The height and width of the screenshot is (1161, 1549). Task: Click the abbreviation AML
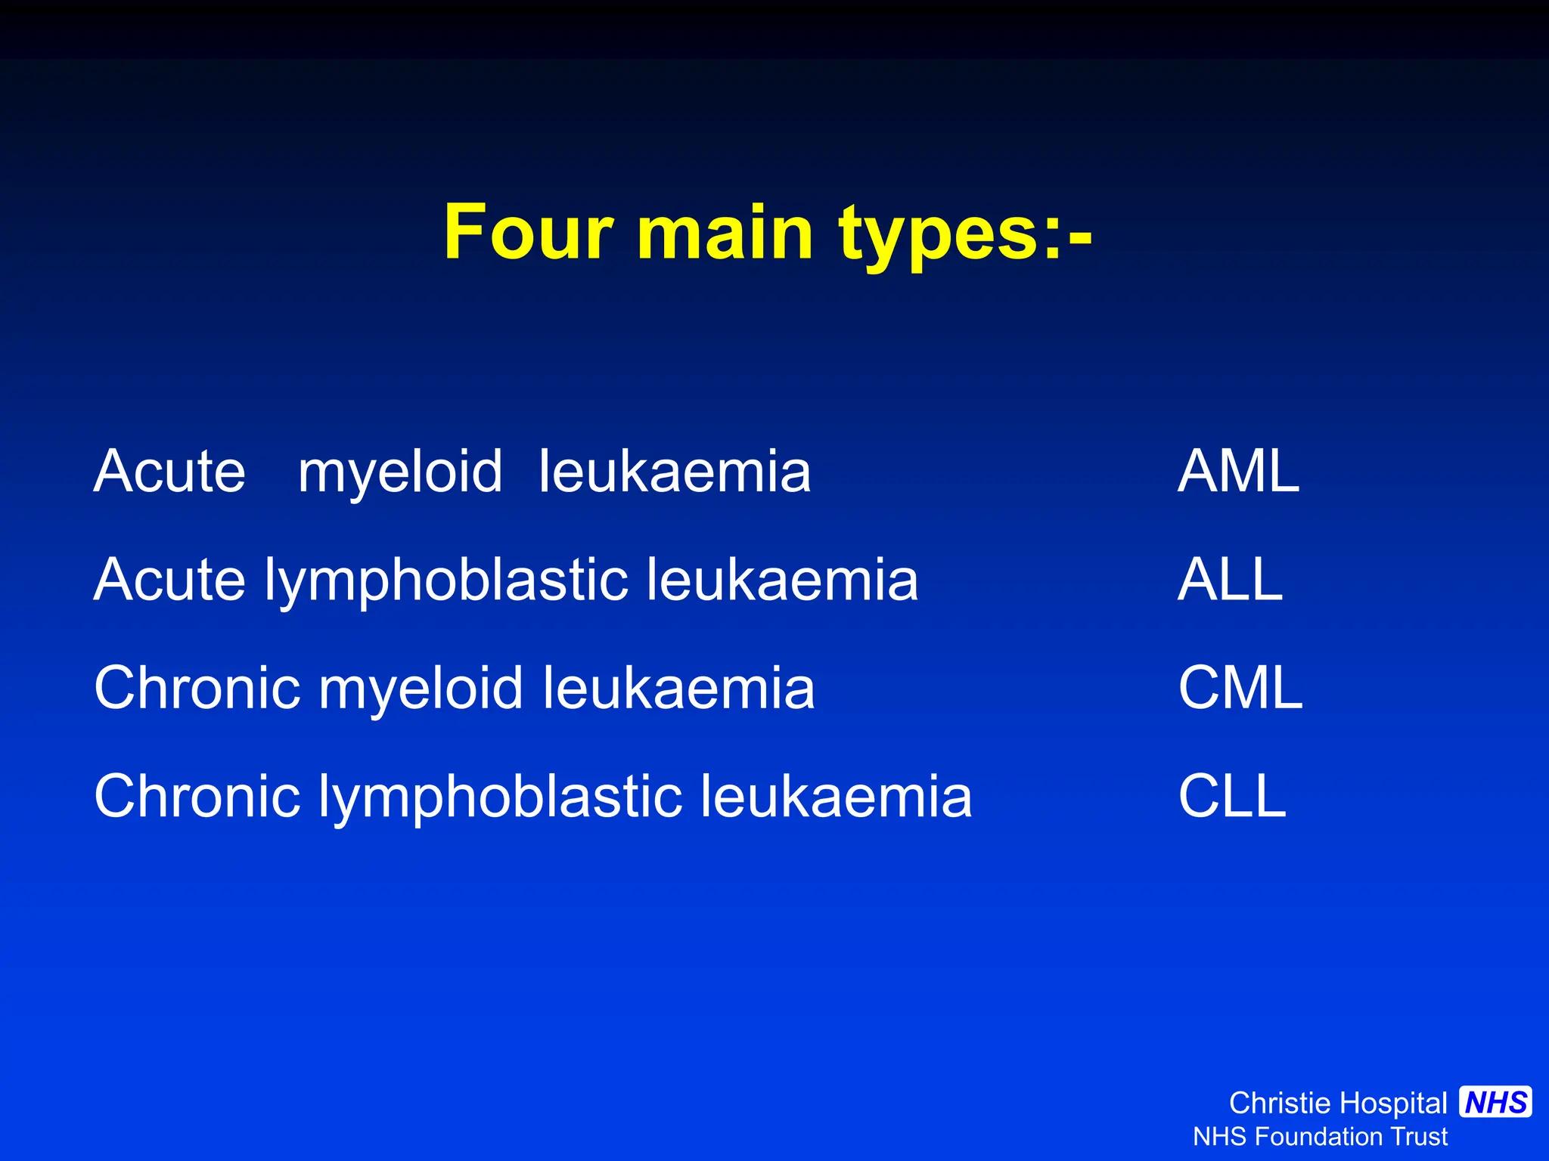(x=1238, y=472)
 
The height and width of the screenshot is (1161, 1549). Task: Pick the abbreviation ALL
(x=1230, y=580)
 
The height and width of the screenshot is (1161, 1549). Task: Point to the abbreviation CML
(x=1240, y=688)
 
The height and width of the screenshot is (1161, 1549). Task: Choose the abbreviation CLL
(x=1232, y=796)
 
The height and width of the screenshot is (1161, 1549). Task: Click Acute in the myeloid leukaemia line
(x=169, y=472)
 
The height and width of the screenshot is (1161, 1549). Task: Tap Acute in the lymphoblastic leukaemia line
(x=169, y=580)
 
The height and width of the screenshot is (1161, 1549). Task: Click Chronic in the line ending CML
(x=196, y=688)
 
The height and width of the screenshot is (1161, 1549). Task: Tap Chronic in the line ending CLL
(x=196, y=796)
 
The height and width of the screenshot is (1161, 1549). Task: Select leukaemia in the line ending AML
(x=675, y=472)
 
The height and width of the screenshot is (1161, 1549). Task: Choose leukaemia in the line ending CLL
(x=836, y=796)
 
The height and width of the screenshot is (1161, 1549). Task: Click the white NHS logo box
(x=1495, y=1102)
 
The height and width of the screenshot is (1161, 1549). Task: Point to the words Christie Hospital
(x=1337, y=1104)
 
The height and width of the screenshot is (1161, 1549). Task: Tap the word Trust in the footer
(x=1420, y=1137)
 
